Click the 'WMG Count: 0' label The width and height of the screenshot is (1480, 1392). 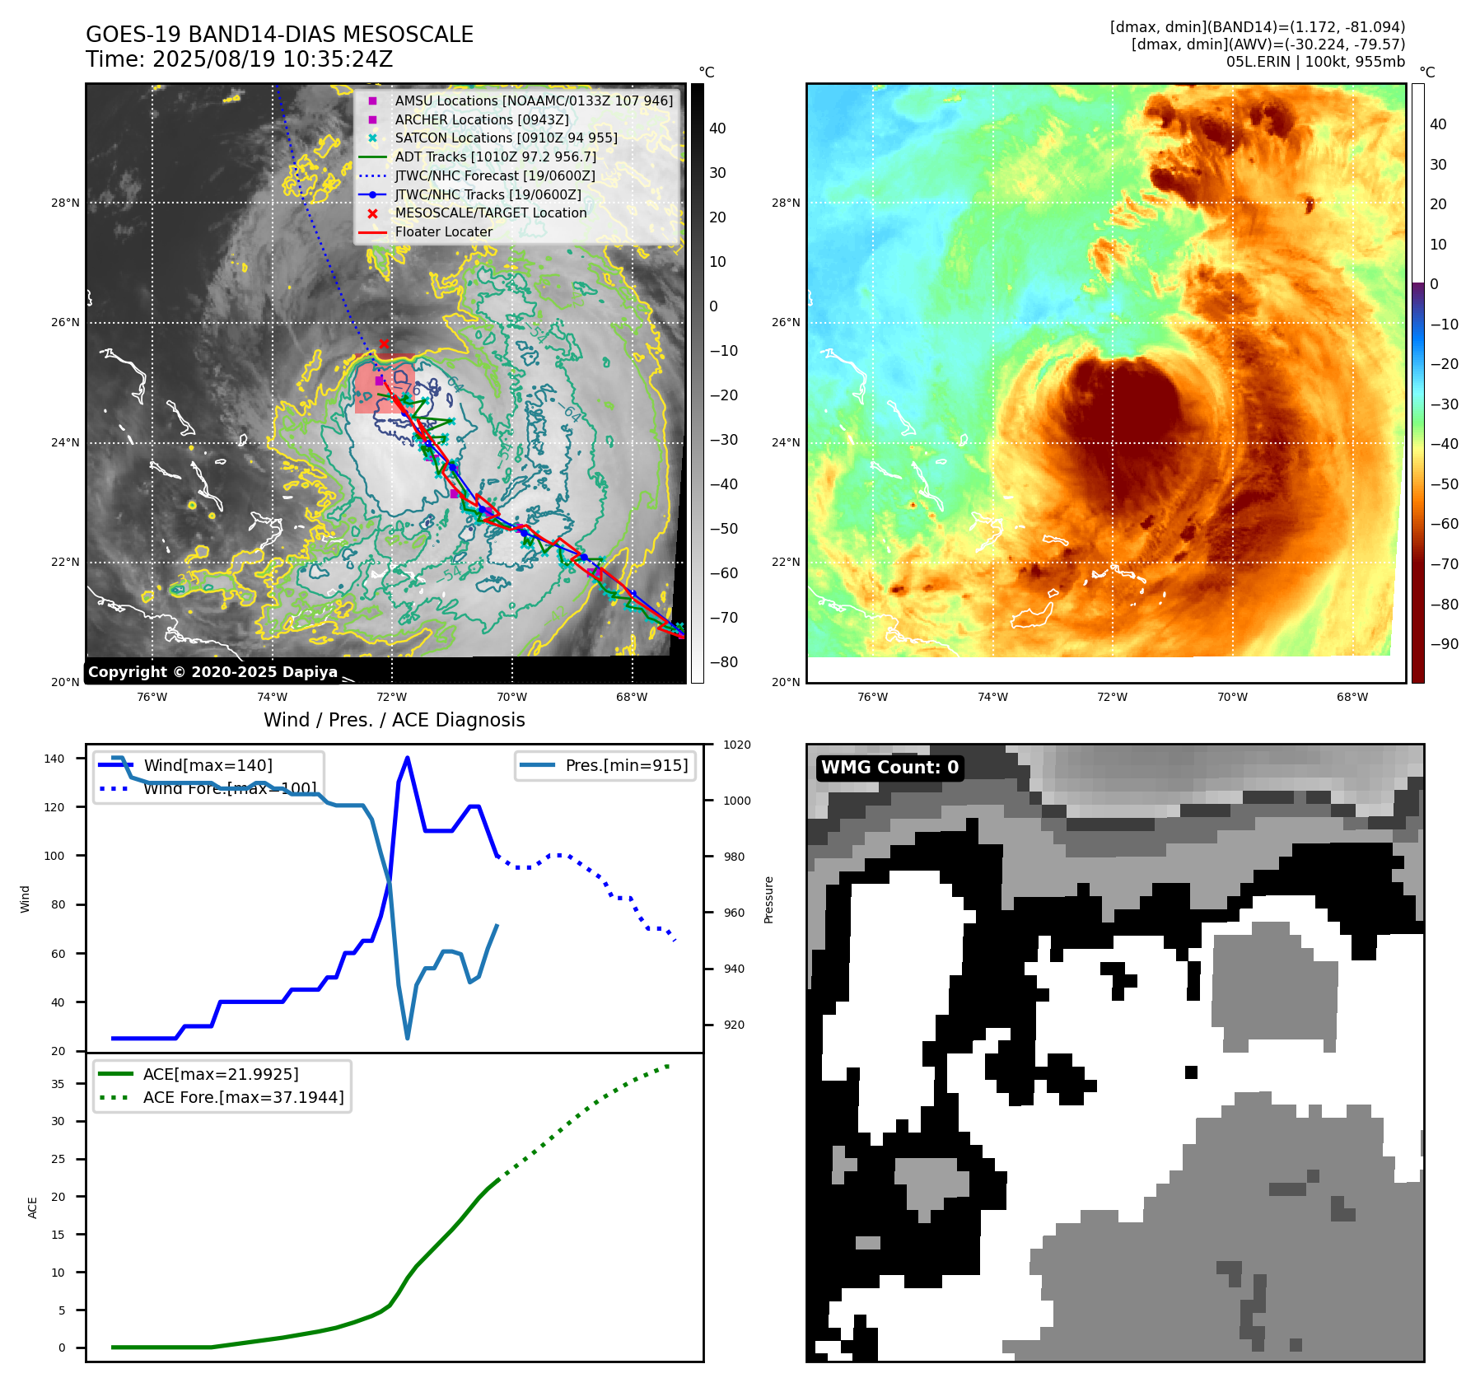click(889, 768)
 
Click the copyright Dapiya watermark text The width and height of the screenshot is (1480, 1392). click(212, 672)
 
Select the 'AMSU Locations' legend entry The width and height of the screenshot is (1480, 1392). click(533, 100)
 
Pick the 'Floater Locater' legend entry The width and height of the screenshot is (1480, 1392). click(443, 232)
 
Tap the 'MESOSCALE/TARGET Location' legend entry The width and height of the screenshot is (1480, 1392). click(490, 213)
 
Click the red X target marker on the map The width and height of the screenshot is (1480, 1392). click(384, 344)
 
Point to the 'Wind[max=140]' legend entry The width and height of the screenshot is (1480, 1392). click(208, 765)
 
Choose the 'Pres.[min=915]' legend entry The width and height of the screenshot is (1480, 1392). click(626, 765)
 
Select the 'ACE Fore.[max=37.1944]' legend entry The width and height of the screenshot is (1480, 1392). click(243, 1097)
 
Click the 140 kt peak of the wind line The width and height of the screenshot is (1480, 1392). click(408, 759)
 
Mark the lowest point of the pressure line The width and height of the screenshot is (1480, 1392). click(408, 1038)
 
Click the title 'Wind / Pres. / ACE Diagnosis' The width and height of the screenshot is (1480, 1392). click(394, 720)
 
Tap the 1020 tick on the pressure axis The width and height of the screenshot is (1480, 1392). click(737, 745)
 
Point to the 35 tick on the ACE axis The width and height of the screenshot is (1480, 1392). click(58, 1084)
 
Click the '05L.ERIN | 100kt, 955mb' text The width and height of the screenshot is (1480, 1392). click(1315, 62)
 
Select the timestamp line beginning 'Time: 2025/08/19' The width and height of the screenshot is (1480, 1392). click(239, 60)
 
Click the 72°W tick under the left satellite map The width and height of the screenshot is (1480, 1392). click(391, 698)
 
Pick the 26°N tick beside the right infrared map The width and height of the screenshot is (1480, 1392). click(785, 323)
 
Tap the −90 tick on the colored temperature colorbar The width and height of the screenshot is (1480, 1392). click(1444, 644)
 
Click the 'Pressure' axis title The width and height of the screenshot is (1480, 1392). click(768, 899)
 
